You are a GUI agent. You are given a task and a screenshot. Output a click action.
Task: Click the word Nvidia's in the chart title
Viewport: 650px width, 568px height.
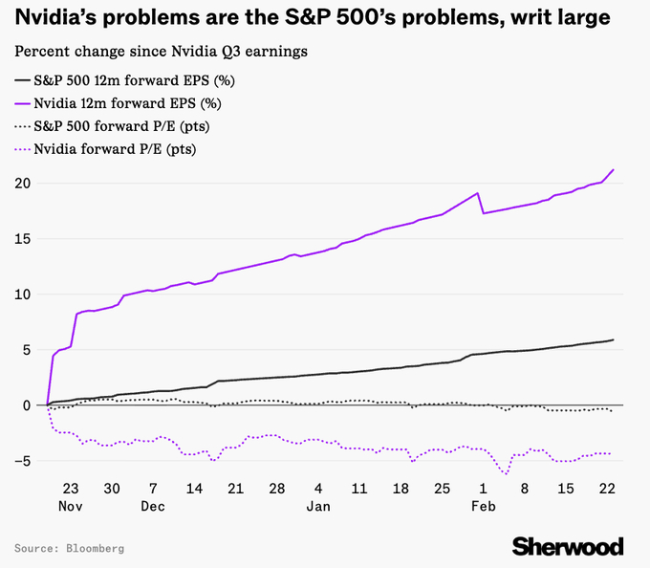(x=58, y=17)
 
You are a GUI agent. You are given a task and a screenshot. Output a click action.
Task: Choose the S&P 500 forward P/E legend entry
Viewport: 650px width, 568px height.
(x=119, y=126)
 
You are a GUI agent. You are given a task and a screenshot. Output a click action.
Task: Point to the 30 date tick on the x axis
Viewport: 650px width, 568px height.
(x=112, y=487)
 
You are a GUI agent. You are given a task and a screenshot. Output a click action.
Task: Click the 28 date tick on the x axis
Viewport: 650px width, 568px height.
(x=276, y=487)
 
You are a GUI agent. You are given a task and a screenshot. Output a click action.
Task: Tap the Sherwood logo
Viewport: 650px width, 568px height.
(x=568, y=547)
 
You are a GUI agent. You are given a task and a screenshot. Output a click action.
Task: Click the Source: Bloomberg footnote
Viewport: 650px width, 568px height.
(x=69, y=549)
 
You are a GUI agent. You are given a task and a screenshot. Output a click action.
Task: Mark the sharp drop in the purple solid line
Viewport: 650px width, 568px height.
(x=481, y=203)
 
